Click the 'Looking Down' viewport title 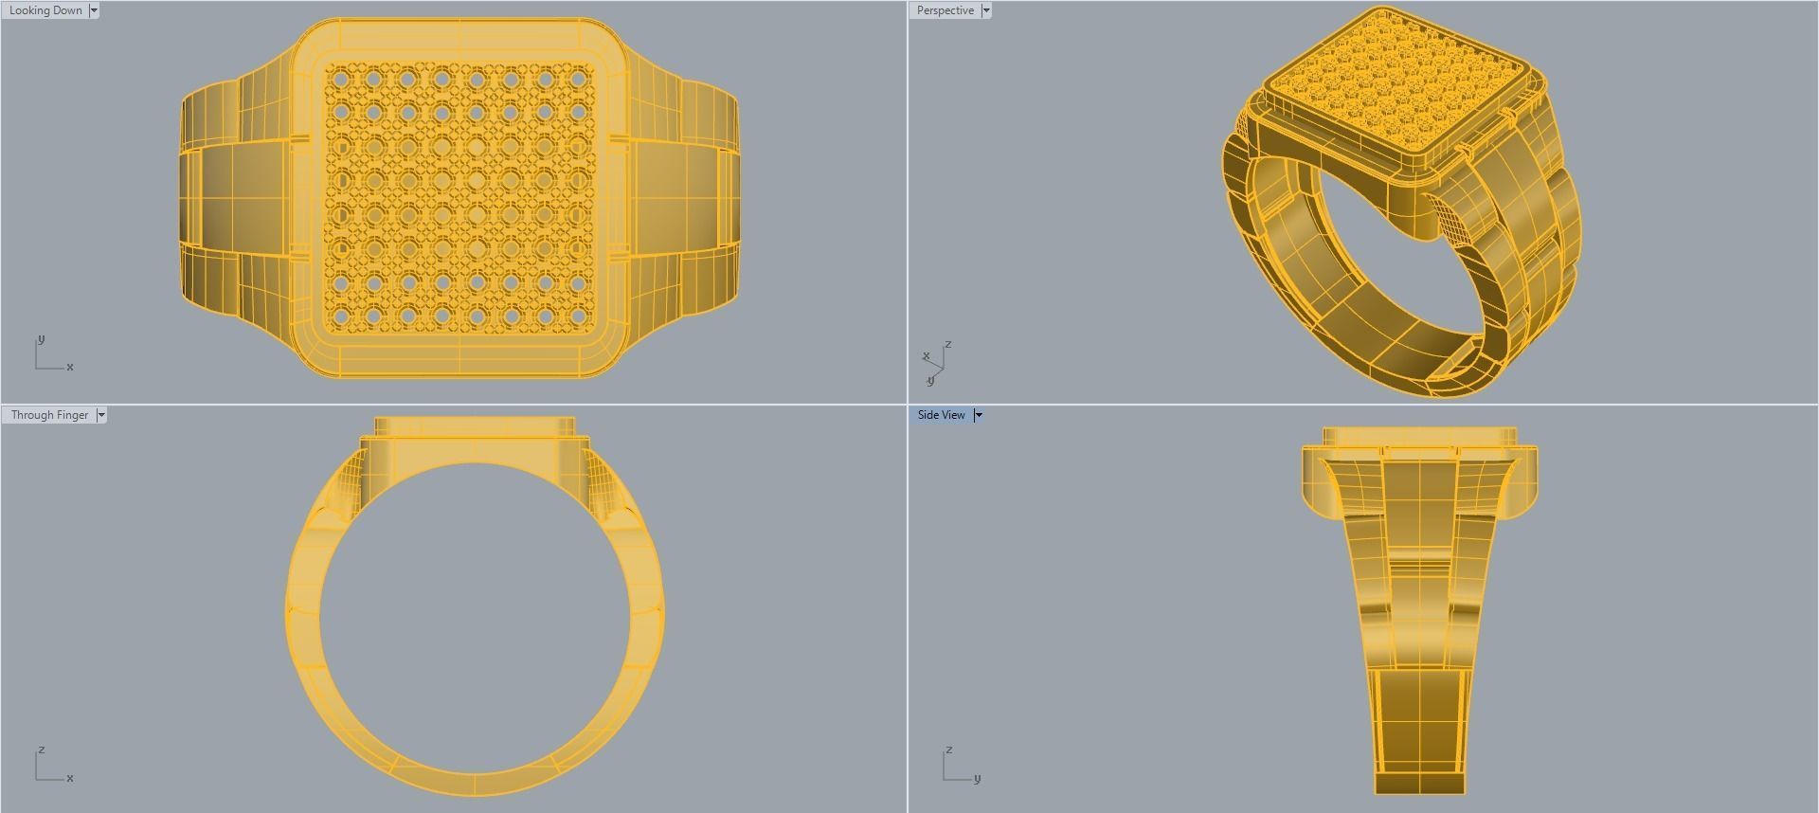click(45, 10)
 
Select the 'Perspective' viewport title click(945, 10)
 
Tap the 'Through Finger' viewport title click(49, 415)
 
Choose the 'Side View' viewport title click(941, 415)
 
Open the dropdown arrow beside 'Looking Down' click(94, 10)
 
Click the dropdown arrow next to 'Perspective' click(986, 10)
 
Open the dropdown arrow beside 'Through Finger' click(101, 415)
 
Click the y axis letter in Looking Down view click(41, 339)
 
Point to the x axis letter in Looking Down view click(70, 367)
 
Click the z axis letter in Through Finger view click(41, 750)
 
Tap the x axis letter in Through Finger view click(70, 778)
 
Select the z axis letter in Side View click(948, 750)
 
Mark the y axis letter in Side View click(977, 778)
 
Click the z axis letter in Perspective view click(947, 344)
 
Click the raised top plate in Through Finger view click(474, 427)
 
